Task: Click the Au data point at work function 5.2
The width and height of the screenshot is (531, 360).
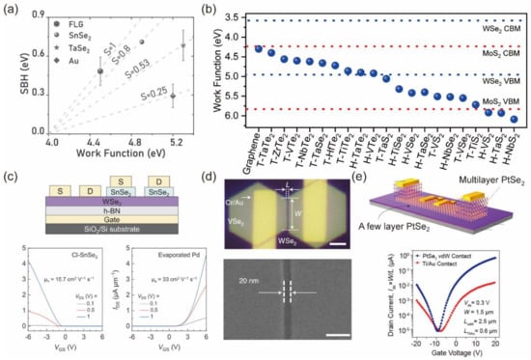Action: pos(171,97)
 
